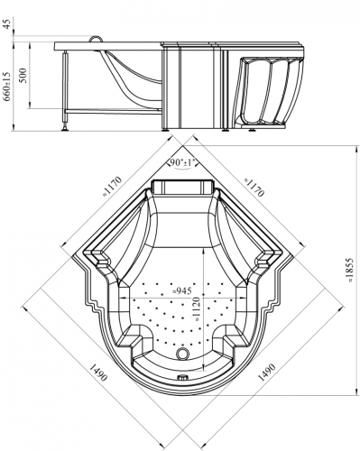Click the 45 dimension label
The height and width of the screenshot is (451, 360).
click(x=6, y=23)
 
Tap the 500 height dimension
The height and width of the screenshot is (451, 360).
click(x=23, y=75)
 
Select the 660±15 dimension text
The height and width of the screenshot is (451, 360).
click(x=7, y=86)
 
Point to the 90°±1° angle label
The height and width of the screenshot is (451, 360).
click(x=182, y=162)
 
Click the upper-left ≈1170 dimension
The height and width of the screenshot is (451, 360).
click(x=113, y=187)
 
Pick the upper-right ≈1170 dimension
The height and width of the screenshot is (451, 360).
click(x=254, y=187)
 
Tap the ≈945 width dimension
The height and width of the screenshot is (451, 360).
click(x=181, y=290)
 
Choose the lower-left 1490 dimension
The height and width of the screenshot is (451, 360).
click(x=98, y=372)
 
